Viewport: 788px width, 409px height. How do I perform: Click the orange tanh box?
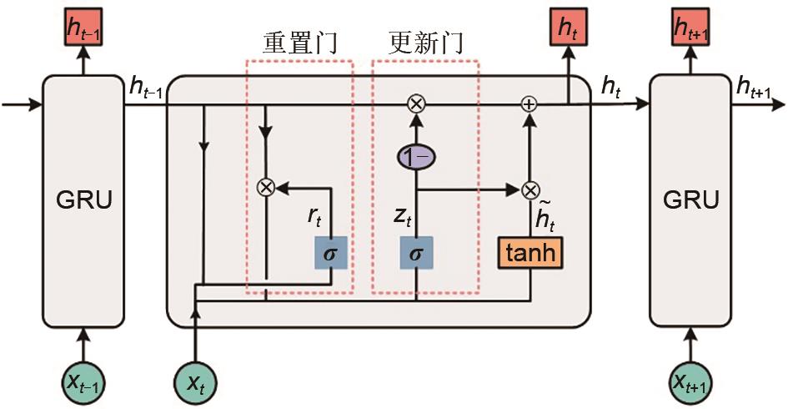tap(530, 252)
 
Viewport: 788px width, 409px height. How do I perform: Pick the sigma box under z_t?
tap(416, 252)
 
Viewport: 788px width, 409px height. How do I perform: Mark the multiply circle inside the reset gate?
tap(266, 187)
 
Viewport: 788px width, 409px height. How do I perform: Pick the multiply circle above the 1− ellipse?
tap(416, 104)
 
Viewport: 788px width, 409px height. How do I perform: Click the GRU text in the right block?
tap(690, 200)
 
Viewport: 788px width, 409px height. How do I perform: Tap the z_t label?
tap(402, 219)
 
